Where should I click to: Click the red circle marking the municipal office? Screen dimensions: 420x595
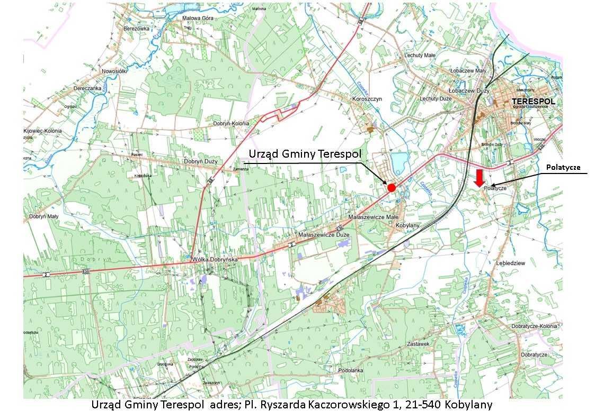coord(392,187)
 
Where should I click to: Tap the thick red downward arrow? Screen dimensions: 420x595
coord(479,178)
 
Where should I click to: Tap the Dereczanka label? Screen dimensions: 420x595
coord(88,88)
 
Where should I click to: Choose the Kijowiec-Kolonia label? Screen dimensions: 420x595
coord(43,131)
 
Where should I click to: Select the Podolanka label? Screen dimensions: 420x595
coord(351,370)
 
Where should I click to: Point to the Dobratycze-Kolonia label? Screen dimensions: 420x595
coord(534,326)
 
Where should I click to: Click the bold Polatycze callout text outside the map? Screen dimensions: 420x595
coord(563,167)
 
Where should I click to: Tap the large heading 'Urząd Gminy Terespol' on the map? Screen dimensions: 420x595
coord(305,154)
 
